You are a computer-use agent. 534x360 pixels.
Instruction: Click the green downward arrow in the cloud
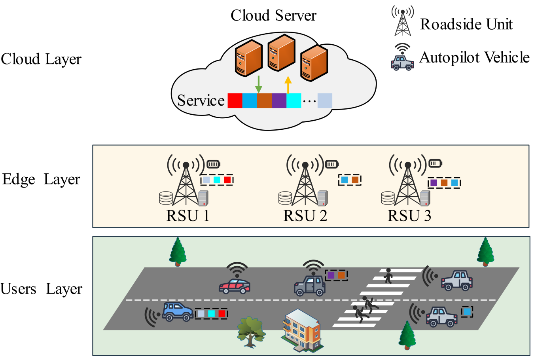pyautogui.click(x=259, y=83)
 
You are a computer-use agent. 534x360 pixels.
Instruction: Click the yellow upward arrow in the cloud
pyautogui.click(x=288, y=84)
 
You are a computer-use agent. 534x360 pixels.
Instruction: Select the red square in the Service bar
pyautogui.click(x=235, y=101)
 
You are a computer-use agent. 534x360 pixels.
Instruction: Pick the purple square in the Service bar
pyautogui.click(x=279, y=101)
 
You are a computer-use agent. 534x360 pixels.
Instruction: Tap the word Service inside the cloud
pyautogui.click(x=201, y=100)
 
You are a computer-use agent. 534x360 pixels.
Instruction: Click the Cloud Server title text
pyautogui.click(x=273, y=15)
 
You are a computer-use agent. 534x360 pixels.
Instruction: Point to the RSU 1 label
pyautogui.click(x=187, y=216)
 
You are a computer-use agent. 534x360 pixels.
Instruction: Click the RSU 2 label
pyautogui.click(x=305, y=216)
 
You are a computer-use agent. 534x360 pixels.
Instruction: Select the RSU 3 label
pyautogui.click(x=409, y=216)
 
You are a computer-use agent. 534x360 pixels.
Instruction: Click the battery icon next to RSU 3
pyautogui.click(x=435, y=163)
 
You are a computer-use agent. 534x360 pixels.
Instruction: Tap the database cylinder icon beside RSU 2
pyautogui.click(x=285, y=198)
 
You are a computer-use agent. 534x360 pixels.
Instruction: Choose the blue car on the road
pyautogui.click(x=178, y=311)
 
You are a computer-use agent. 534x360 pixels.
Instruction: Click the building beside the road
pyautogui.click(x=302, y=330)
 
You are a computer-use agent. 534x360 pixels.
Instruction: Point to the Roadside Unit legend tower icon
pyautogui.click(x=403, y=21)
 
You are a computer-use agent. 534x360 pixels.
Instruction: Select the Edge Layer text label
pyautogui.click(x=41, y=179)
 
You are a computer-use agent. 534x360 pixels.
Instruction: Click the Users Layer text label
pyautogui.click(x=41, y=289)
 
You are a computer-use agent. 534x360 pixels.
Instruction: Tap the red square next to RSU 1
pyautogui.click(x=227, y=180)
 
